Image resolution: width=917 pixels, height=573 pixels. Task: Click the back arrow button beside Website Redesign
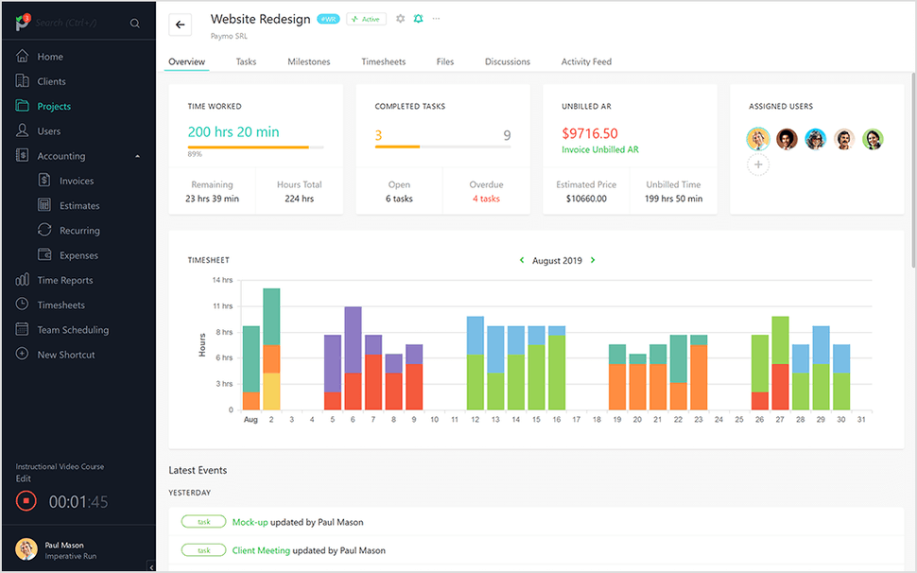pyautogui.click(x=181, y=25)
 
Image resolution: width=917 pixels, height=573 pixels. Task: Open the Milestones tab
pyautogui.click(x=309, y=61)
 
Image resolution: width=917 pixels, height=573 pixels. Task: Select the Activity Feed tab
pyautogui.click(x=586, y=61)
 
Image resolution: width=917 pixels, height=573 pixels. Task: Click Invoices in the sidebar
pyautogui.click(x=77, y=181)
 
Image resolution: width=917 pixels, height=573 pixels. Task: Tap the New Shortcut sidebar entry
pyautogui.click(x=66, y=355)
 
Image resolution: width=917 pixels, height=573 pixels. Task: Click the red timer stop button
pyautogui.click(x=26, y=501)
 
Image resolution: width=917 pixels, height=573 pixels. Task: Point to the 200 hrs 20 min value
pyautogui.click(x=234, y=132)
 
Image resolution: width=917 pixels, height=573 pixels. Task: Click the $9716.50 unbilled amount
pyautogui.click(x=590, y=133)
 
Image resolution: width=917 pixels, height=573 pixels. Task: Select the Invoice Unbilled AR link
pyautogui.click(x=600, y=149)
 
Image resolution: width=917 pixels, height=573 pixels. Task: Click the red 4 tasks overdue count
pyautogui.click(x=486, y=199)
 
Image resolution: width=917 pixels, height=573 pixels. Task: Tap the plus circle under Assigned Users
pyautogui.click(x=758, y=165)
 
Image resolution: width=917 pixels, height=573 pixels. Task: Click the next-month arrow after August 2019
pyautogui.click(x=593, y=260)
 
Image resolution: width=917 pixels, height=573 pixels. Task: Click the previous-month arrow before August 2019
pyautogui.click(x=521, y=260)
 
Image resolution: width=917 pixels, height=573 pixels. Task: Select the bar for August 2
pyautogui.click(x=271, y=350)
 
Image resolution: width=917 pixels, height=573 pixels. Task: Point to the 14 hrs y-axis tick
pyautogui.click(x=222, y=281)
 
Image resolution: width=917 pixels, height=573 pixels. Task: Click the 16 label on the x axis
pyautogui.click(x=556, y=419)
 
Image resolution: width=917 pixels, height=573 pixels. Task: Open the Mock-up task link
pyautogui.click(x=250, y=522)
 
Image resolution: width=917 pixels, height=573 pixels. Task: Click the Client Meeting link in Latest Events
pyautogui.click(x=261, y=550)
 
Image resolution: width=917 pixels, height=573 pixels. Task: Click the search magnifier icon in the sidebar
pyautogui.click(x=135, y=24)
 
